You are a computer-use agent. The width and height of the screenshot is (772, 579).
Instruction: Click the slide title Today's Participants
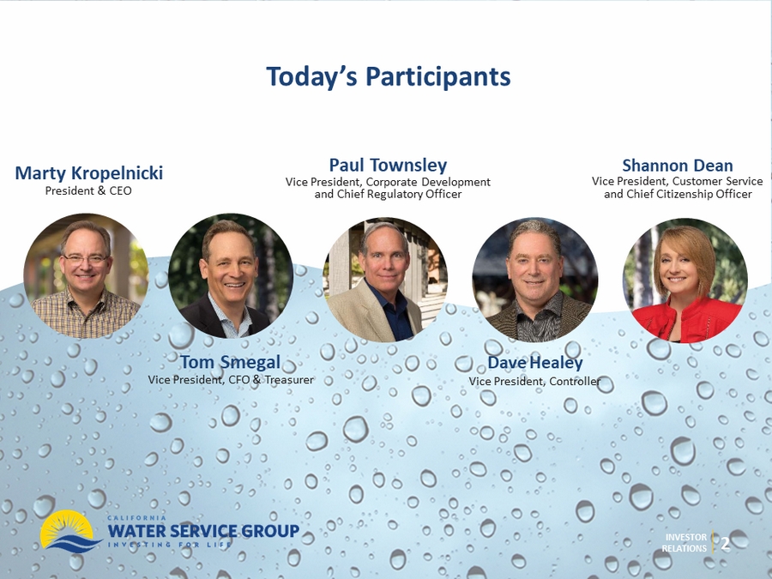[x=388, y=77]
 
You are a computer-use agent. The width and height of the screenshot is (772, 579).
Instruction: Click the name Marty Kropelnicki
[x=88, y=172]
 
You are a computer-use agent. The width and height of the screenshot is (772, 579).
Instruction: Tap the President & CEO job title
[x=88, y=190]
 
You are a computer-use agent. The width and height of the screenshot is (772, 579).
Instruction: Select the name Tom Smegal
[x=231, y=362]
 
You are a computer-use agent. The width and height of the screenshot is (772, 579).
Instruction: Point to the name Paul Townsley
[x=388, y=165]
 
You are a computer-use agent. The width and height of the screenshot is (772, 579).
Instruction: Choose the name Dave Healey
[x=535, y=363]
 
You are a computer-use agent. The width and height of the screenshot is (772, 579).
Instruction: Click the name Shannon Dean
[x=678, y=166]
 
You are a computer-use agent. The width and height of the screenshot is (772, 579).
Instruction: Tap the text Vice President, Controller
[x=534, y=381]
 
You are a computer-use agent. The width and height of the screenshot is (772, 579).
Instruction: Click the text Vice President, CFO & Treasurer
[x=231, y=380]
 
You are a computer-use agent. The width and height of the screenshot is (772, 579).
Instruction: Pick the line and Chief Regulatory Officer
[x=388, y=194]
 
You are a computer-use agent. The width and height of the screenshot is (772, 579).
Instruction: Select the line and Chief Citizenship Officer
[x=678, y=194]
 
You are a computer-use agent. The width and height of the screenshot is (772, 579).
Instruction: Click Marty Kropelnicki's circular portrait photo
[x=86, y=275]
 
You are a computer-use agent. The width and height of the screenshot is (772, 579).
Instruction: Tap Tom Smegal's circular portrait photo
[x=231, y=275]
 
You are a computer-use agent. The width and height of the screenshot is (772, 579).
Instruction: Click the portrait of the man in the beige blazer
[x=385, y=280]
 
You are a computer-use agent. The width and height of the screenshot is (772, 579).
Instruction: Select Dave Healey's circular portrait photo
[x=535, y=280]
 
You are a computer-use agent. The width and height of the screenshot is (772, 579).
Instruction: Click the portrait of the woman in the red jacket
[x=685, y=280]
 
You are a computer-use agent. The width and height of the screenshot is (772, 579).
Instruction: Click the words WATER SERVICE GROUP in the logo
[x=203, y=531]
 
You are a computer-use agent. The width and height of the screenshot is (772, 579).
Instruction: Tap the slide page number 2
[x=725, y=544]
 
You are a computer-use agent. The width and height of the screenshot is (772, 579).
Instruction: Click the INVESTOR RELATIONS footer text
[x=685, y=543]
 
